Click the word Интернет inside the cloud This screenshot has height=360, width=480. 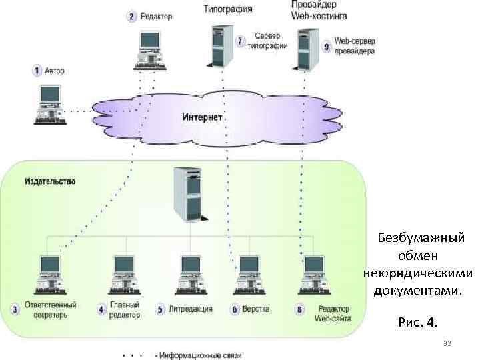pos(202,116)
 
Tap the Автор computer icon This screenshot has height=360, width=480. pos(50,105)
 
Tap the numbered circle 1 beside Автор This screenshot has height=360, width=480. pos(37,69)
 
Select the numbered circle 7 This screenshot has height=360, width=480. pos(241,41)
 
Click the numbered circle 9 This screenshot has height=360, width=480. pos(326,46)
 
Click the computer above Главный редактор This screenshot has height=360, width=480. pos(124,274)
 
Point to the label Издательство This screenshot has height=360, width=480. pos(50,181)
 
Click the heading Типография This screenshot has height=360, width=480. pos(227,9)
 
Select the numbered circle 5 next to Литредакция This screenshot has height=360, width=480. pos(160,309)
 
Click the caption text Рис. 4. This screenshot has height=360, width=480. pos(418,323)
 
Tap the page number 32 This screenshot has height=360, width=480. pos(447,343)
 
